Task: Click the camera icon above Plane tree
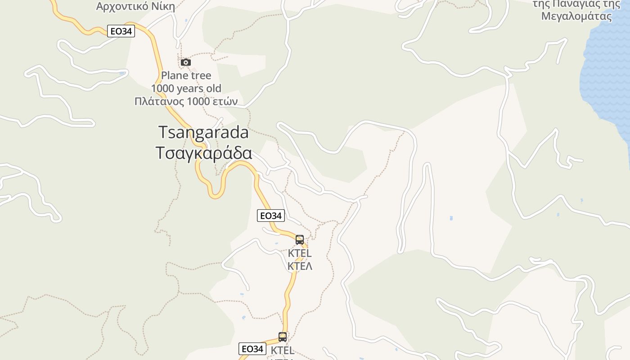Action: (185, 62)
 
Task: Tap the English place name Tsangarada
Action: (203, 132)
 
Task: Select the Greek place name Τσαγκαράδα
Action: (203, 153)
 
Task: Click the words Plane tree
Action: (186, 76)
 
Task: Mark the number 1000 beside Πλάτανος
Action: (198, 101)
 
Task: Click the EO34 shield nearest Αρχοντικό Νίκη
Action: (121, 31)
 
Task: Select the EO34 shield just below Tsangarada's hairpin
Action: (270, 216)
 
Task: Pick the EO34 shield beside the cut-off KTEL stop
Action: (252, 349)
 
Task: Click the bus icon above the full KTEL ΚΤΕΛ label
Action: (300, 240)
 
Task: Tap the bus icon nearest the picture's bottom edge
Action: (283, 337)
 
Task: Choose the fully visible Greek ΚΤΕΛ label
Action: (300, 266)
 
